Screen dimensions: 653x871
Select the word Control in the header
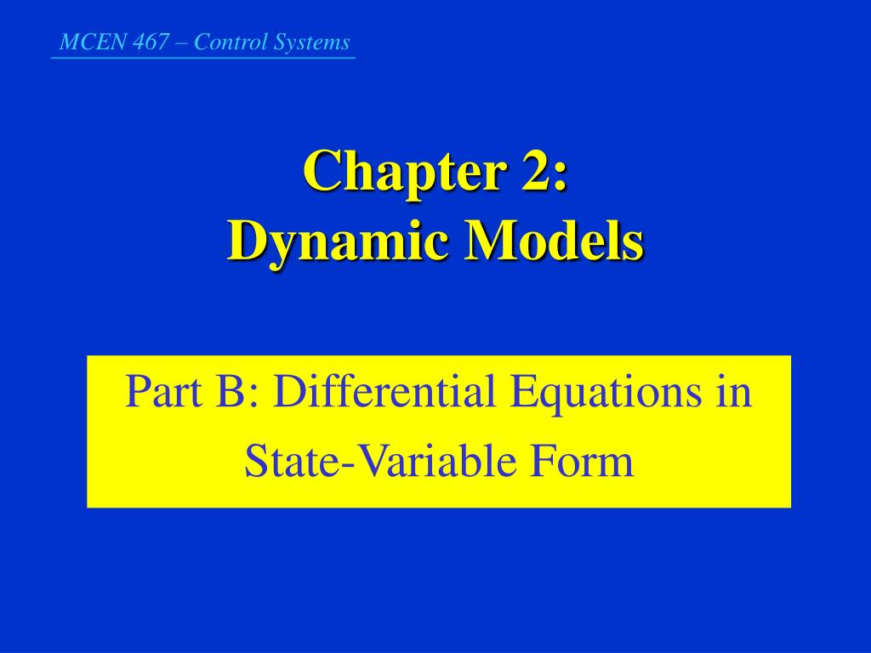[225, 43]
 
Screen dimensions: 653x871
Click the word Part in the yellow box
[156, 393]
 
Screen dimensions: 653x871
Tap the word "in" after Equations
[735, 393]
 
